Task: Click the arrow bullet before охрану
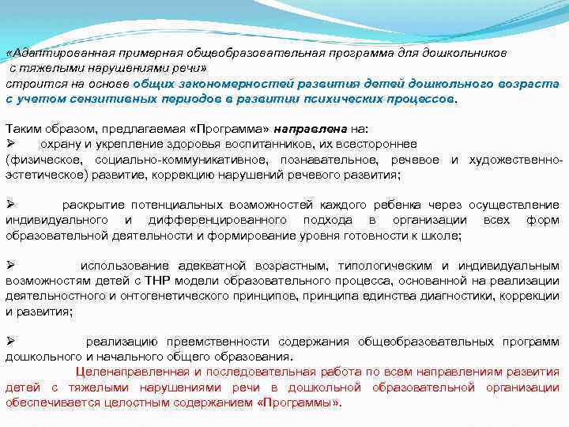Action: coord(10,144)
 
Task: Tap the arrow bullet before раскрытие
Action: coord(10,205)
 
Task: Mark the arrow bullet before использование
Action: coord(10,266)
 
